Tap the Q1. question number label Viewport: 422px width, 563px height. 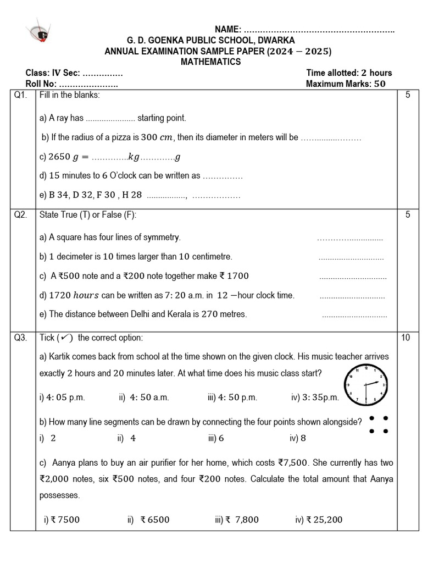[20, 95]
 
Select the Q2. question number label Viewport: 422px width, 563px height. [20, 215]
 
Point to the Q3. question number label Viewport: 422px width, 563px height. [20, 338]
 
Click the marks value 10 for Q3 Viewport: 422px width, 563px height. [406, 338]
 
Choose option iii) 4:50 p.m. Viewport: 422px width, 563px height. [232, 397]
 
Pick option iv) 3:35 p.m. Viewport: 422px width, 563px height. [315, 397]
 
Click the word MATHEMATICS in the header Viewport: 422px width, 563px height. [211, 62]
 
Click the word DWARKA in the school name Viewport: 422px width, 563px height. [276, 41]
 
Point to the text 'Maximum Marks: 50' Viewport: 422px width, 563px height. [346, 84]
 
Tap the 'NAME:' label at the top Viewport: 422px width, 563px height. [227, 29]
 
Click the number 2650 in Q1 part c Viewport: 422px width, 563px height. [59, 157]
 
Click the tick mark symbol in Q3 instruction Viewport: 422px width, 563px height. [68, 338]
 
